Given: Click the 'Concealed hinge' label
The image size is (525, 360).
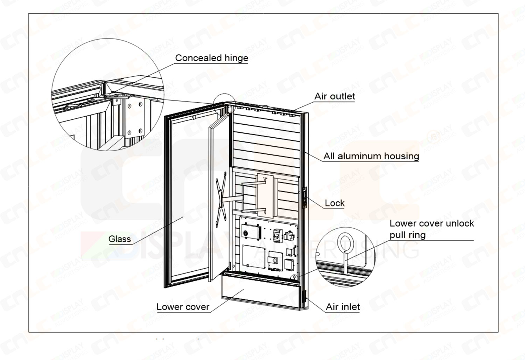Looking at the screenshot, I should (211, 58).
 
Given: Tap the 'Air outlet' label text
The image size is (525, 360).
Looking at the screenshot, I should (335, 96).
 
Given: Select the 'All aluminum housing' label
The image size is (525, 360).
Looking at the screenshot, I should (371, 156).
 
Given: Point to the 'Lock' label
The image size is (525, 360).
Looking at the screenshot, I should (335, 203).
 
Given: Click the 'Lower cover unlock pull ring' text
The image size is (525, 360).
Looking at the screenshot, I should (432, 229).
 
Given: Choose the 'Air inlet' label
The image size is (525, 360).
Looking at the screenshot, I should (343, 307).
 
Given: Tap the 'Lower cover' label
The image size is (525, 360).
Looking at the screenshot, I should (183, 307).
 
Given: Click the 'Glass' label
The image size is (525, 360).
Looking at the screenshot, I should (120, 239).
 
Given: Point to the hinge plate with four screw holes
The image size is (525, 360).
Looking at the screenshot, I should (135, 117).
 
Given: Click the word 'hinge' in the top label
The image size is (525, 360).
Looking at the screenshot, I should (237, 58).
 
